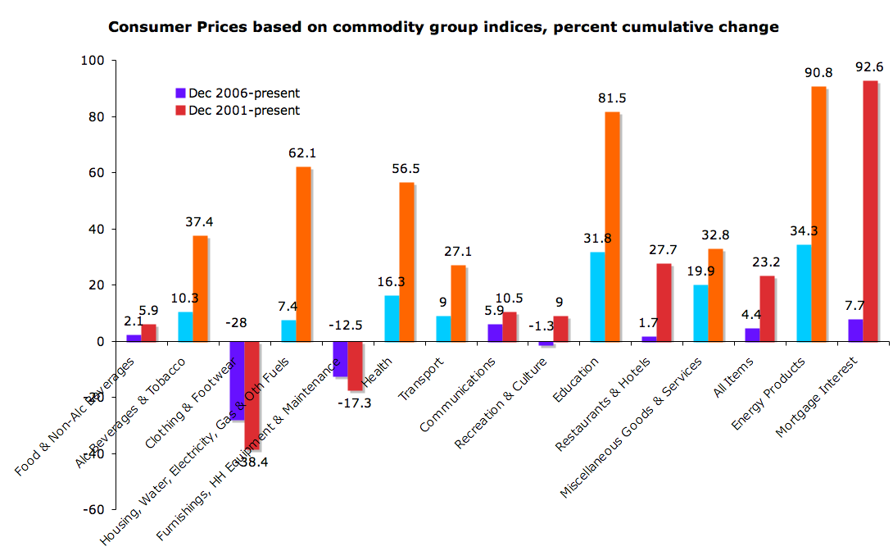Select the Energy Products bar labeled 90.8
tap(818, 213)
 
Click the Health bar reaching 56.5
tap(406, 262)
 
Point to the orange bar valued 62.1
tap(303, 253)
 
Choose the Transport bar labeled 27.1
tap(458, 303)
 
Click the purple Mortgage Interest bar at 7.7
tap(854, 330)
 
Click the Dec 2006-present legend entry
tap(238, 93)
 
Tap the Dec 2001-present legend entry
tap(238, 111)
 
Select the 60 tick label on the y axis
tap(93, 173)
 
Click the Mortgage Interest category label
tap(817, 396)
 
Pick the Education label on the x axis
tap(576, 379)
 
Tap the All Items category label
tap(734, 377)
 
